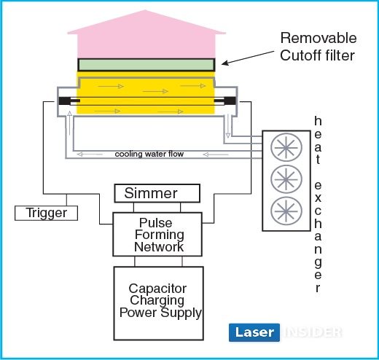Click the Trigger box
(x=46, y=213)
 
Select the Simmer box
(x=157, y=193)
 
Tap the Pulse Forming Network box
(x=157, y=234)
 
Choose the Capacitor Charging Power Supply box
(x=158, y=303)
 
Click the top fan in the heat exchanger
(x=286, y=147)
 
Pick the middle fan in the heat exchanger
(x=286, y=179)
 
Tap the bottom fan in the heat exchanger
(x=286, y=211)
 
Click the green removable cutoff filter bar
(x=146, y=65)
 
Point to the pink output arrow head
(x=146, y=22)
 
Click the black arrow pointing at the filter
(x=248, y=58)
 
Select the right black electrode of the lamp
(x=230, y=101)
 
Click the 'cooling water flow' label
(x=149, y=154)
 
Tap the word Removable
(x=319, y=38)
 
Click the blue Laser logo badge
(x=254, y=332)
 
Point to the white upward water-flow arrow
(x=70, y=123)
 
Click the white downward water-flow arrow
(x=227, y=126)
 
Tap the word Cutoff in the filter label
(x=300, y=55)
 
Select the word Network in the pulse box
(x=159, y=247)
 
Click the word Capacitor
(x=157, y=289)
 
